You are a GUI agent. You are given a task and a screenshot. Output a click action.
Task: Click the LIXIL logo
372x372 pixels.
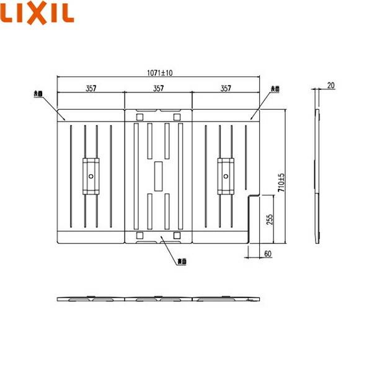coord(38,12)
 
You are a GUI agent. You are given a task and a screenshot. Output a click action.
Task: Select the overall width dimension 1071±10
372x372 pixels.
coord(159,73)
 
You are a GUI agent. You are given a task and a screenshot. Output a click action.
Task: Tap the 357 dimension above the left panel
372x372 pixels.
coord(91,89)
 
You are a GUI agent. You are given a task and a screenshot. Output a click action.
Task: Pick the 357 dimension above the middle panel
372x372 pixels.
coord(159,89)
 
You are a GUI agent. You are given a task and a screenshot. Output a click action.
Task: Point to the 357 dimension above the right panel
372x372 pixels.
coord(226,89)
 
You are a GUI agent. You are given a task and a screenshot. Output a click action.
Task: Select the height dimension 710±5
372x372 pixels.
coord(281,182)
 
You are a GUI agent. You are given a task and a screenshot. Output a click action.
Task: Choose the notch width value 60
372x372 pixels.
coord(266,252)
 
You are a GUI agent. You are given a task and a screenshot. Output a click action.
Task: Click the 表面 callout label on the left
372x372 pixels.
coord(38,94)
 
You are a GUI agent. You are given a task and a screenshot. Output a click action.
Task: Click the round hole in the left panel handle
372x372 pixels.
coord(91,176)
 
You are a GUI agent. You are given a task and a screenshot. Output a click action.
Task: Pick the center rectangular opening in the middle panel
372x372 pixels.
coord(159,176)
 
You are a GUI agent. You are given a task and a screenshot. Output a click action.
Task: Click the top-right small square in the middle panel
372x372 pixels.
coord(177,117)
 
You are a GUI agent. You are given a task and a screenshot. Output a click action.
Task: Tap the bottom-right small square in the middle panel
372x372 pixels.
coord(177,236)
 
